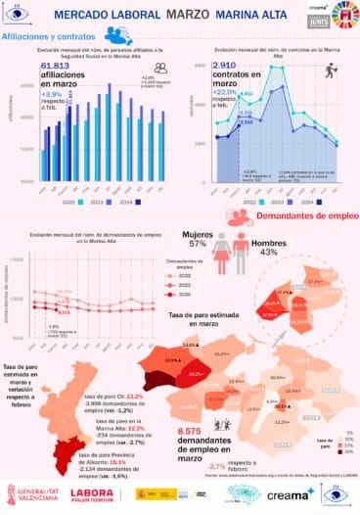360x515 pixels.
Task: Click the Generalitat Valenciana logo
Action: [30, 497]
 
